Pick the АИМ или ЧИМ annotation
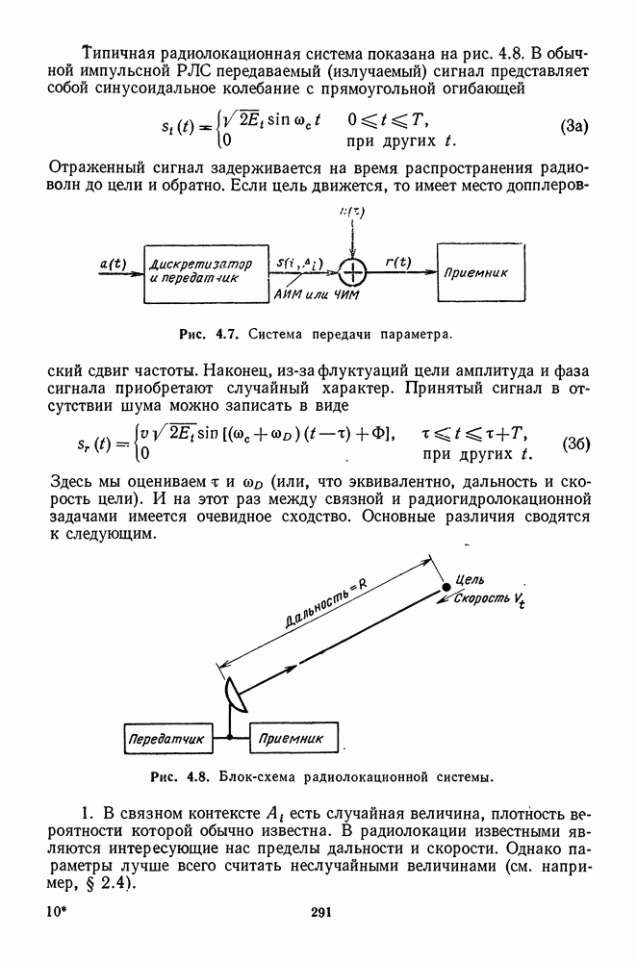pyautogui.click(x=315, y=294)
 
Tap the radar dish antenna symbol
pyautogui.click(x=236, y=689)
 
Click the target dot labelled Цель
pyautogui.click(x=445, y=586)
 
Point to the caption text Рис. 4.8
pyautogui.click(x=180, y=774)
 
